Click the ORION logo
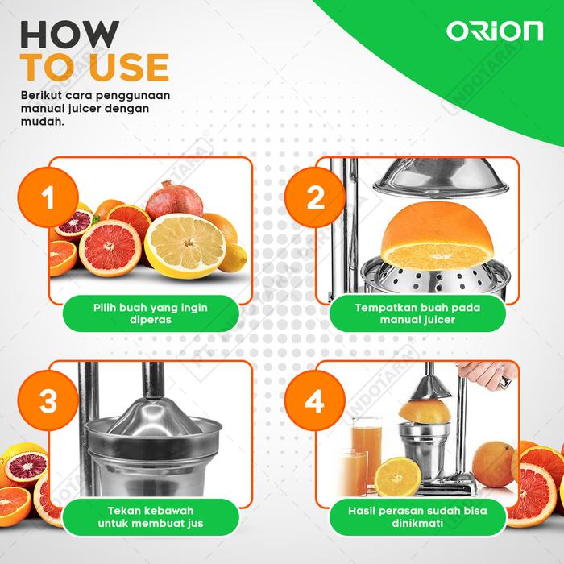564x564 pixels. [x=495, y=31]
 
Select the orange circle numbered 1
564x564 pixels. [x=48, y=197]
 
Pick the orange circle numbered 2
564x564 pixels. [x=315, y=197]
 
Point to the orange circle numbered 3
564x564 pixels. [x=48, y=400]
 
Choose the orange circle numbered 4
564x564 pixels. [x=315, y=400]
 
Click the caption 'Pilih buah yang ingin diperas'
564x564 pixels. [x=151, y=313]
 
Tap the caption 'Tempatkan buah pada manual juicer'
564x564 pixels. [x=417, y=313]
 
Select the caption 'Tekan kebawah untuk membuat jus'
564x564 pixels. [x=151, y=517]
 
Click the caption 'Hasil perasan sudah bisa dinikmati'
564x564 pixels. [x=417, y=517]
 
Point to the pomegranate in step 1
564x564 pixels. [x=174, y=200]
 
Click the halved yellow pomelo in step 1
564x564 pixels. [x=185, y=246]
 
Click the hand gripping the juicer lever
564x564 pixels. [x=487, y=375]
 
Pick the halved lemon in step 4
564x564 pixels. [x=397, y=477]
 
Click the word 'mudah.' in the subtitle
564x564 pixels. [x=43, y=122]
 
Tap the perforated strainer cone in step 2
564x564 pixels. [x=437, y=279]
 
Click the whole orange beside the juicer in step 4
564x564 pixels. [x=493, y=464]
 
